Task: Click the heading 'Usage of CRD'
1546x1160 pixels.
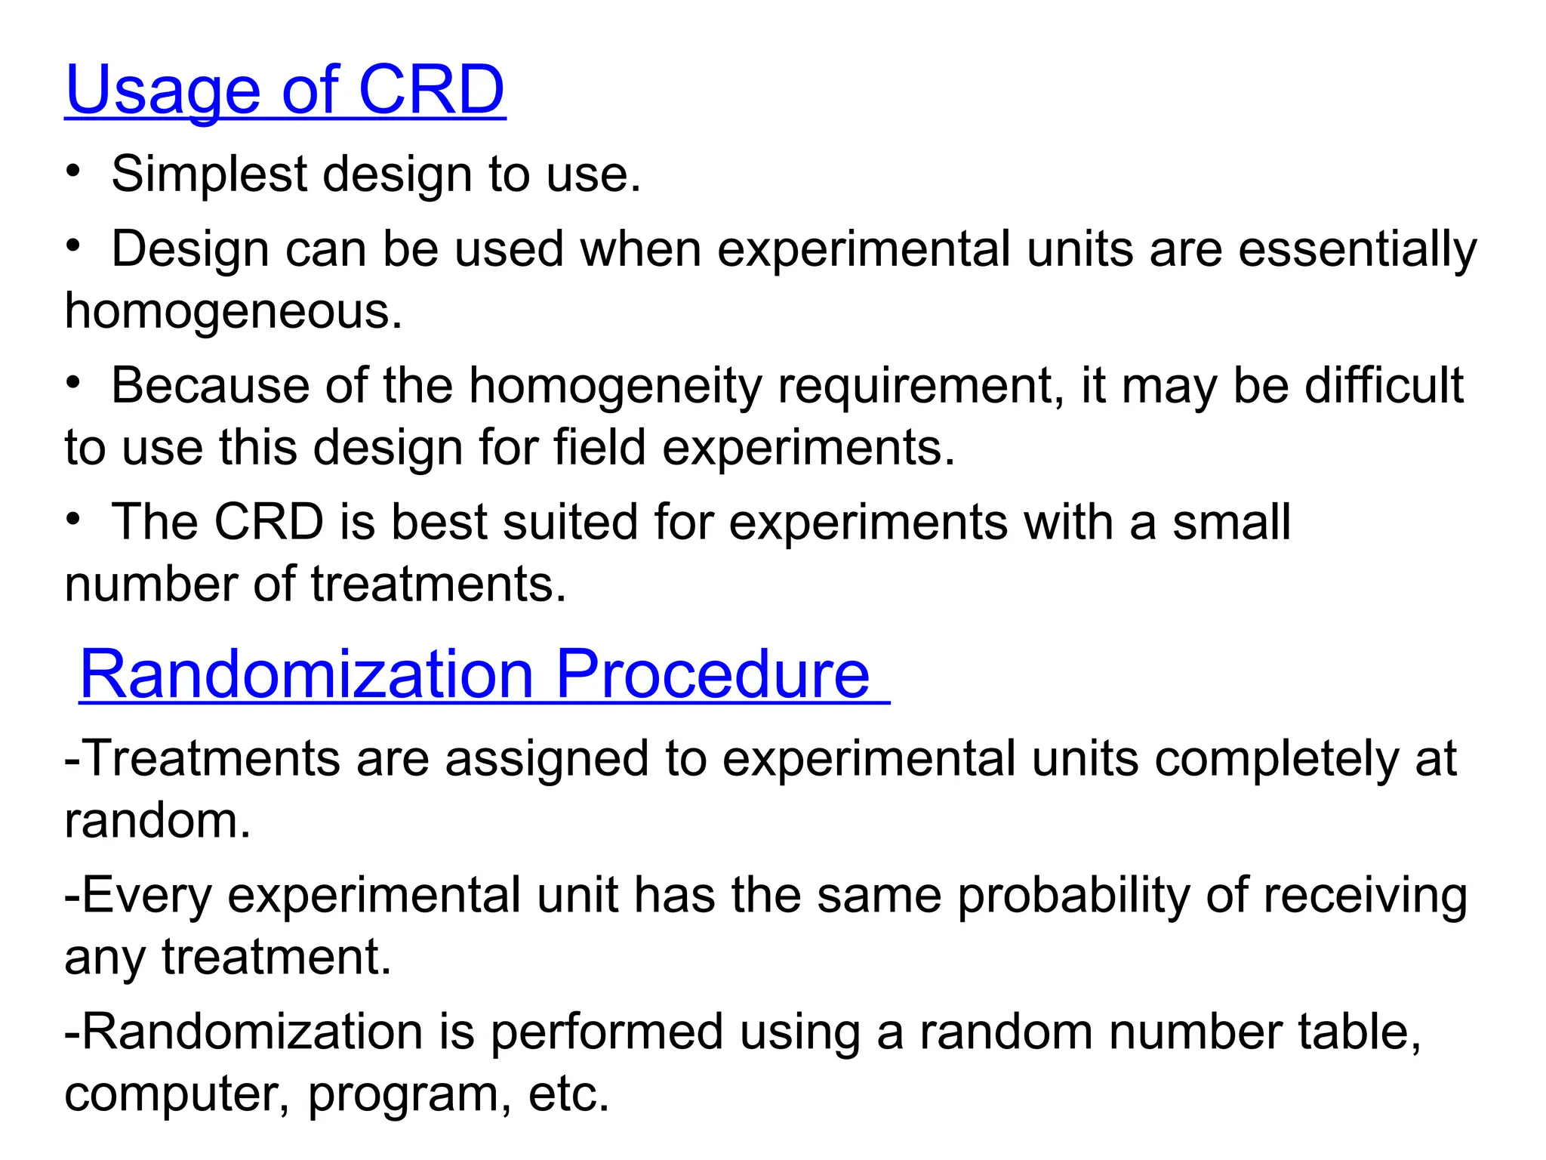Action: pos(285,90)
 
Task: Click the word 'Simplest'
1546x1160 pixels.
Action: pos(209,174)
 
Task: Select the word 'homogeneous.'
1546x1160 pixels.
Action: pos(233,311)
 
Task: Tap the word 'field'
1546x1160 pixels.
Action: pos(600,447)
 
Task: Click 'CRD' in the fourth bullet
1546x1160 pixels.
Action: pos(269,522)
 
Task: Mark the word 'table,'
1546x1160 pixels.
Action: pos(1360,1032)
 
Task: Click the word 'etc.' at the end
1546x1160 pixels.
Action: pos(568,1094)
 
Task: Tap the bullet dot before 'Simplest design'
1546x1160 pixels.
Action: pos(72,171)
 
